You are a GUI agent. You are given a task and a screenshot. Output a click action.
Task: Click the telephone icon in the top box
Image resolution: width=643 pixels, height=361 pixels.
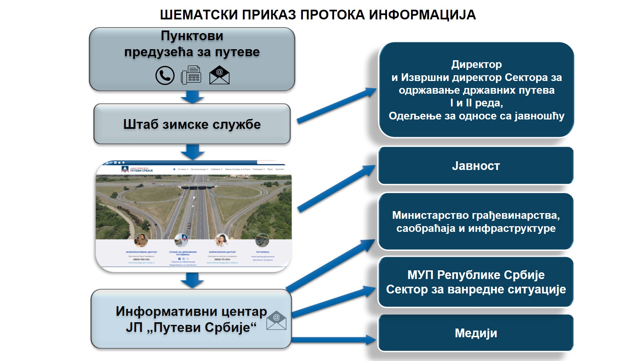tap(165, 75)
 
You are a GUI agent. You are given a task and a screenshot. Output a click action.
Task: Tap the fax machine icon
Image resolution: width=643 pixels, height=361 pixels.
tap(191, 75)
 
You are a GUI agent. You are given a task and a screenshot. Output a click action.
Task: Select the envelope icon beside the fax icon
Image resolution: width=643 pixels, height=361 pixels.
tap(219, 75)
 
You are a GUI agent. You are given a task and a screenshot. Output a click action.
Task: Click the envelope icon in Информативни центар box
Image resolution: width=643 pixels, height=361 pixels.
tap(276, 320)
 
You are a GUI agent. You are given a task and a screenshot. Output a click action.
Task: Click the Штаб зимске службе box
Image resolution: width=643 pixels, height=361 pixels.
tap(192, 124)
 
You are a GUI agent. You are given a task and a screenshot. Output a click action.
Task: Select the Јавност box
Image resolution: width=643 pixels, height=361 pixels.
tap(475, 166)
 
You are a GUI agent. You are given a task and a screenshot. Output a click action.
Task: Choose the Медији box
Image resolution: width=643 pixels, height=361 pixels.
tap(475, 333)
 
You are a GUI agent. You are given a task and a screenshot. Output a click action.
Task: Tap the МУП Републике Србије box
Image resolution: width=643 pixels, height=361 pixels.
tap(475, 282)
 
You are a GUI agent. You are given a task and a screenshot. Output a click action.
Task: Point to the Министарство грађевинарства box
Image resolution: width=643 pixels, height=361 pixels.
tap(475, 221)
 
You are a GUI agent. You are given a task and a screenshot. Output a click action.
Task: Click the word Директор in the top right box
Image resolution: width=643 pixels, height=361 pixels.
tap(476, 64)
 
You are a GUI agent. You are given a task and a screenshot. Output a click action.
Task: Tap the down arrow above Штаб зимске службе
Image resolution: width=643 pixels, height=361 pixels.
tap(192, 97)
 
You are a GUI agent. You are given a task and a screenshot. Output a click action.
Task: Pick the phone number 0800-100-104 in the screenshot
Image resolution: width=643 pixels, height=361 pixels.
tap(141, 259)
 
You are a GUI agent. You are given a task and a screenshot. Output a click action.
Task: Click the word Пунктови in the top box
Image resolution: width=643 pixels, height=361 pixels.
tap(192, 36)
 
